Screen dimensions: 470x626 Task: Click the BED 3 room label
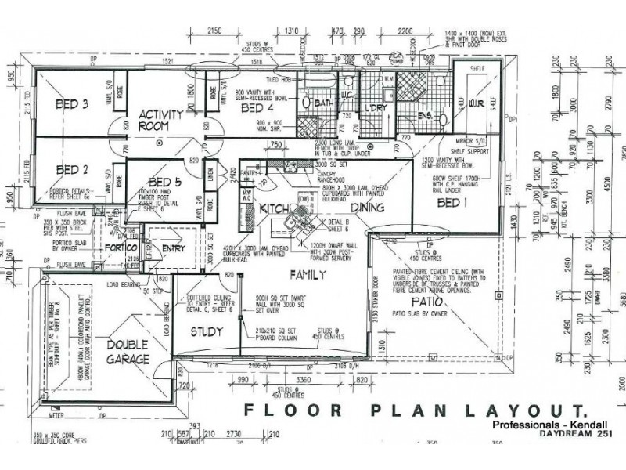pos(71,105)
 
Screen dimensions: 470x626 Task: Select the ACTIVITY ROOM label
pos(161,119)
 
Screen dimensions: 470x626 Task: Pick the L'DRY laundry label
pos(374,107)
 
